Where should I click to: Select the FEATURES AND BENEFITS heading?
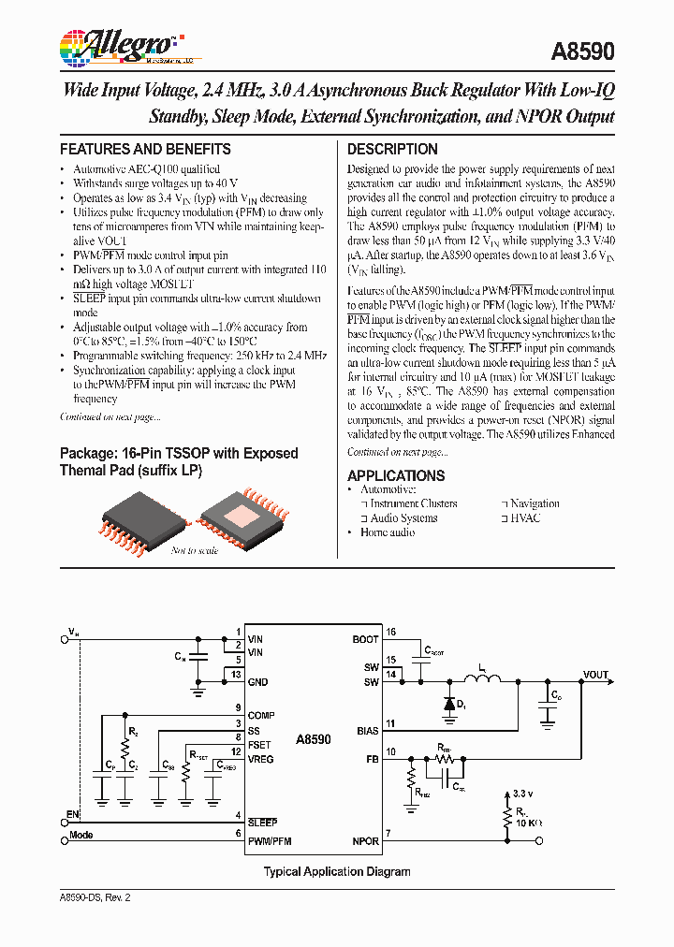point(145,150)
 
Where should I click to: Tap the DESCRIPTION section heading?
point(392,150)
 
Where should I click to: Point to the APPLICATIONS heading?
point(396,475)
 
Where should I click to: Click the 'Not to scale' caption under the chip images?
point(194,550)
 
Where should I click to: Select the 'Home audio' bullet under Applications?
point(387,532)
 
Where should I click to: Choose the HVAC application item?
point(525,517)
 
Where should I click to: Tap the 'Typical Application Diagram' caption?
point(337,871)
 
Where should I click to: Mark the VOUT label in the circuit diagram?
point(595,675)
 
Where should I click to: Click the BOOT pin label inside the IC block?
point(366,639)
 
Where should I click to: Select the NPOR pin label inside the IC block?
point(365,841)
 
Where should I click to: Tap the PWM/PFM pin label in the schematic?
point(270,841)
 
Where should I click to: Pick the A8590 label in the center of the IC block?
point(313,739)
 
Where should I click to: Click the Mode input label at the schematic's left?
point(81,835)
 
